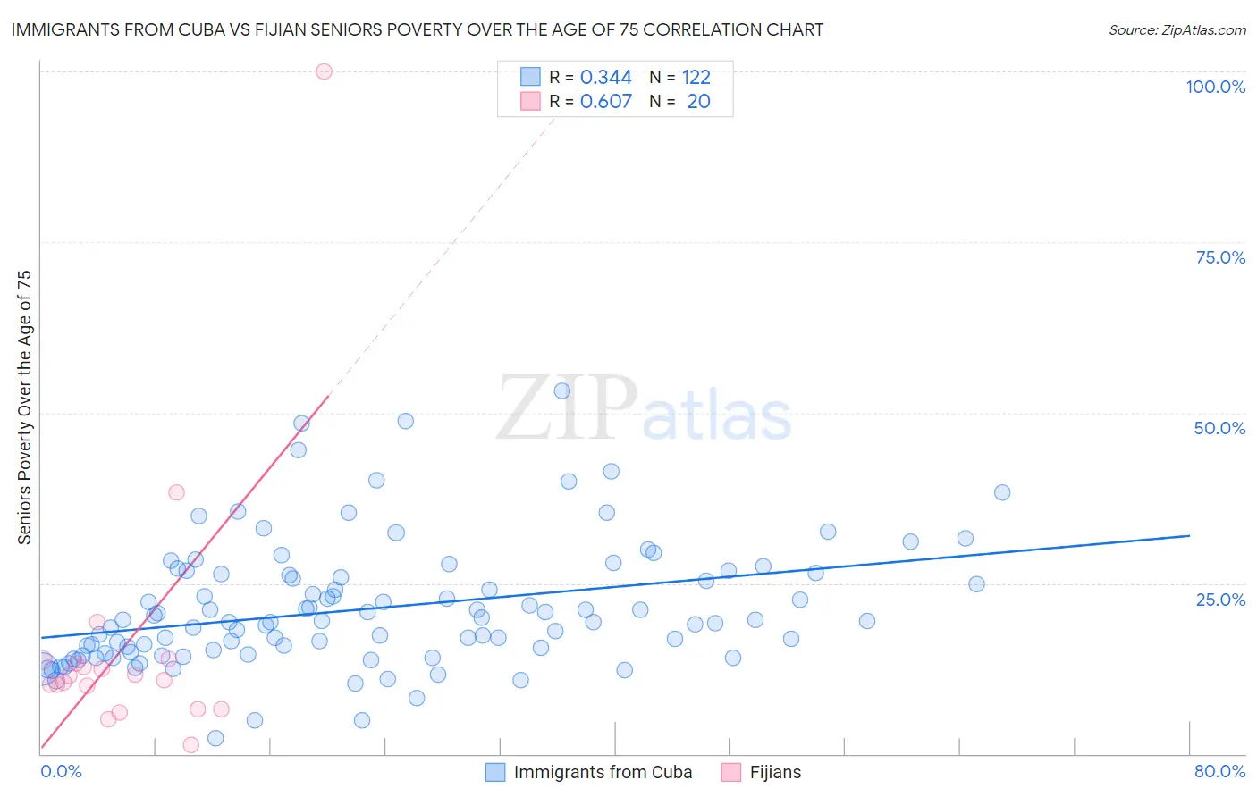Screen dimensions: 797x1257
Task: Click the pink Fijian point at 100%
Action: pos(325,71)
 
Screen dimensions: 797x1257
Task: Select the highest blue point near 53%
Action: pos(562,390)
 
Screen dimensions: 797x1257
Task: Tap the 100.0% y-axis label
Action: pos(1215,87)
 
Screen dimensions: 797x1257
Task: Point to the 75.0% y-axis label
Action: pos(1220,257)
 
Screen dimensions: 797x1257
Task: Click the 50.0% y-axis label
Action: pos(1219,428)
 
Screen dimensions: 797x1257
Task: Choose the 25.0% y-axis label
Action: pos(1220,600)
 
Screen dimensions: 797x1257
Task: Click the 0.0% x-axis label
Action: pos(61,771)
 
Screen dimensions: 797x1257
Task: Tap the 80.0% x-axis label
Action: pos(1219,771)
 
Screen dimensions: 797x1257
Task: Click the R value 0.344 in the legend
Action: pos(605,78)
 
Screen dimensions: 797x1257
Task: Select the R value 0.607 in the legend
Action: pos(605,102)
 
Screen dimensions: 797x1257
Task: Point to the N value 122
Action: pos(696,78)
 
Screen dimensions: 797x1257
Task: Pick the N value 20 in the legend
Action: pos(698,102)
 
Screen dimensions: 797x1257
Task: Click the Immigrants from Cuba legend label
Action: pos(603,772)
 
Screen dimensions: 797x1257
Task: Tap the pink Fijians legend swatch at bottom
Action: pos(731,772)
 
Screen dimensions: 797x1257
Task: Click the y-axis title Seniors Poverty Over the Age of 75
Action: pos(24,407)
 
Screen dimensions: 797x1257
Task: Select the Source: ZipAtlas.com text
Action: pos(1177,30)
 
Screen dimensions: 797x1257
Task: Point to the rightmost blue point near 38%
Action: pos(1002,492)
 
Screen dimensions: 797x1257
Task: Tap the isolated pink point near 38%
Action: pos(176,492)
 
